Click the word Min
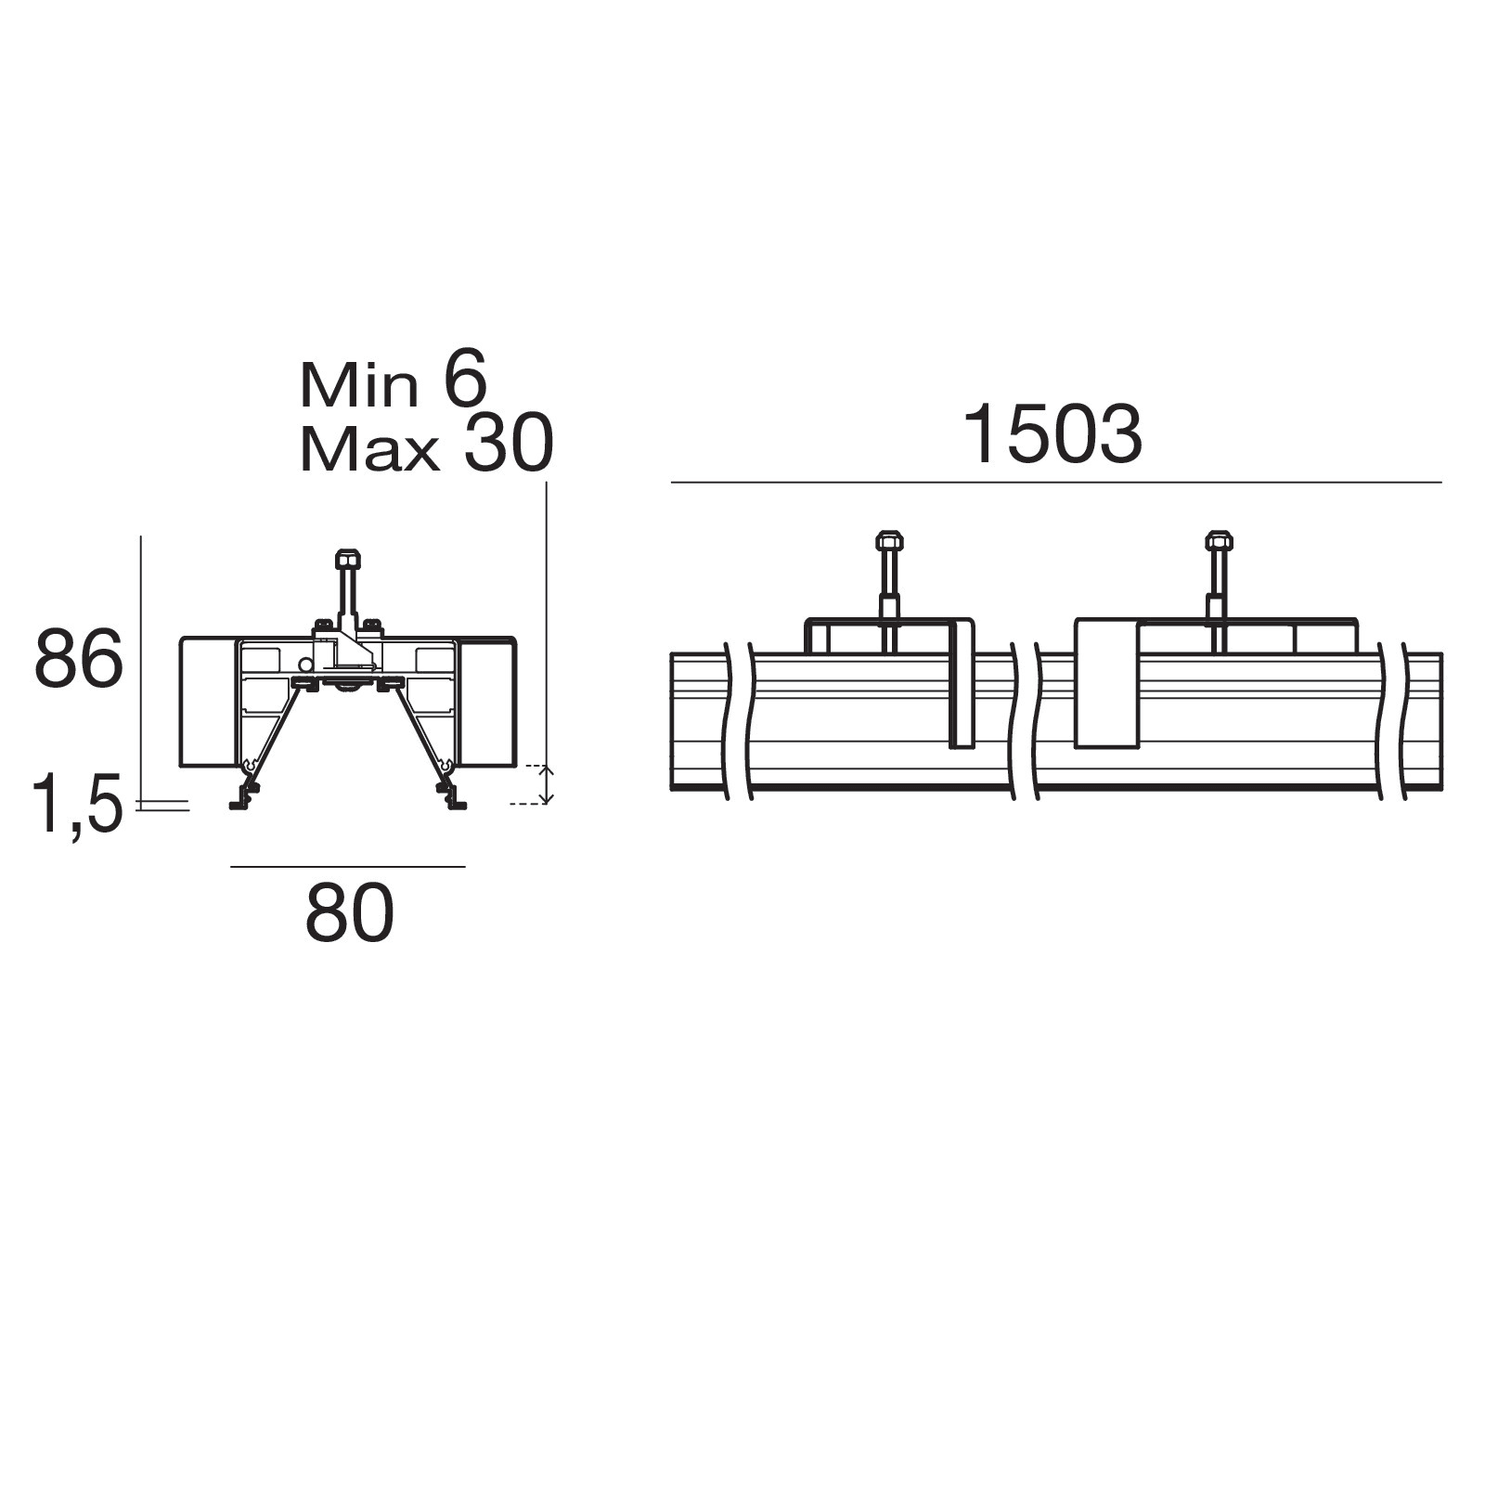(358, 385)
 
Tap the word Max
(368, 450)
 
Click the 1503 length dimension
(1052, 434)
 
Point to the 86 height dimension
(79, 658)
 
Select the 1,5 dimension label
(77, 804)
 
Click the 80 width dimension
(350, 914)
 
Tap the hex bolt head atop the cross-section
(348, 559)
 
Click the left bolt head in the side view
(889, 539)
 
